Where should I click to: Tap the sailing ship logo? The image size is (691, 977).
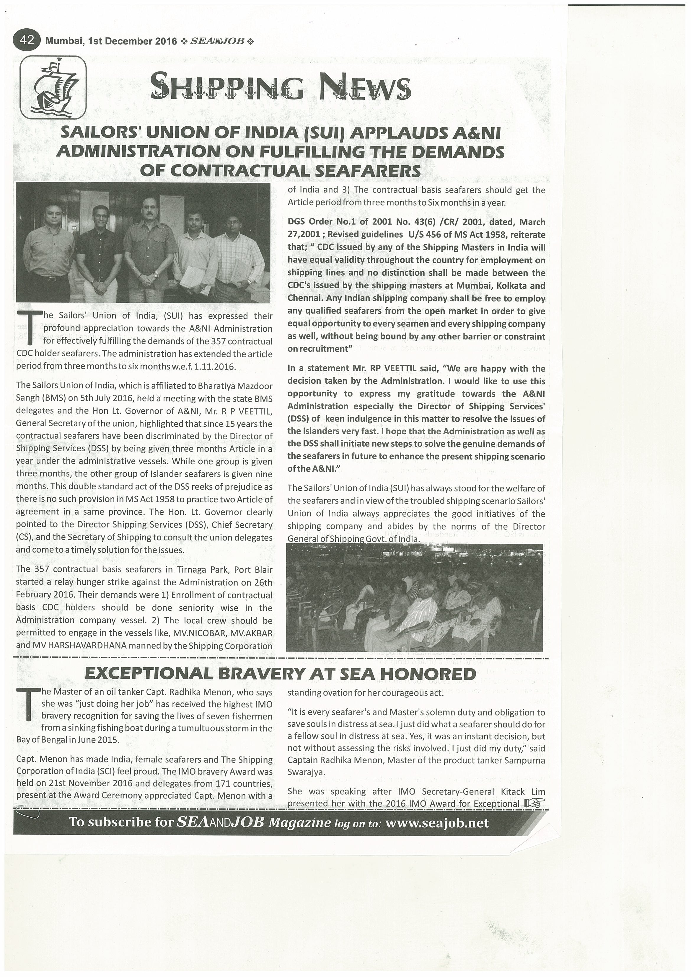click(53, 87)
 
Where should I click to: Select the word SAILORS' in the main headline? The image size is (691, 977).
click(100, 133)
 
